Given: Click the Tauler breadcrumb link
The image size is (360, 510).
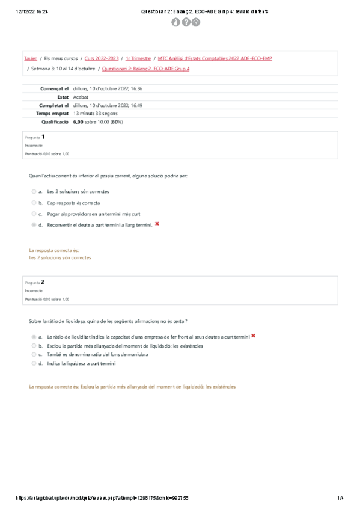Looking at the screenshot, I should [x=30, y=58].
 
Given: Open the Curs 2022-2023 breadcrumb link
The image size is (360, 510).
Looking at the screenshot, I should [x=100, y=58].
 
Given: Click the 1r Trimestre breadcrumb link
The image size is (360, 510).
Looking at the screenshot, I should [x=138, y=58].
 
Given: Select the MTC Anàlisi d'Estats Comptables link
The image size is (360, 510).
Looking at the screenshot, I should [x=215, y=58].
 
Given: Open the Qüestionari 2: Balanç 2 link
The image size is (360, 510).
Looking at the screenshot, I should [x=146, y=69].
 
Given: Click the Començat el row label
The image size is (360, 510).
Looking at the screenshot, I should [x=55, y=88].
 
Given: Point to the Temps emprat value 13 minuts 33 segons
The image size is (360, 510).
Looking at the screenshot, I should [x=95, y=113].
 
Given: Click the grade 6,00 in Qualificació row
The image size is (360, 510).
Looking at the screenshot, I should [x=78, y=121].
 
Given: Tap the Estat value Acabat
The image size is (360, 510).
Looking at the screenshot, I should [x=81, y=97].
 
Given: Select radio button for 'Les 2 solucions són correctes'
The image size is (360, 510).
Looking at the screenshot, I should [x=34, y=192].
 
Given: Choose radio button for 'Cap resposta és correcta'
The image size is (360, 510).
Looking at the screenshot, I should [x=34, y=203].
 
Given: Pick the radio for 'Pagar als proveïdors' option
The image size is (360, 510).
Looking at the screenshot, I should [x=34, y=214].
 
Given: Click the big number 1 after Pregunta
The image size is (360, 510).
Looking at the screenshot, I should [x=43, y=137].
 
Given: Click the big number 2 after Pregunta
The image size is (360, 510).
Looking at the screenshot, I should [x=43, y=281].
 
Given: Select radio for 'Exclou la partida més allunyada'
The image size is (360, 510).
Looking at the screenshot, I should [x=34, y=346].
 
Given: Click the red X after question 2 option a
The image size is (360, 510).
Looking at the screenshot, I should [x=253, y=336].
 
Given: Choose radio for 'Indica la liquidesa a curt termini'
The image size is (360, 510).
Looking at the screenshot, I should [x=34, y=364].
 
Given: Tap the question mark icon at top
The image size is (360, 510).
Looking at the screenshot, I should [x=186, y=22].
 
